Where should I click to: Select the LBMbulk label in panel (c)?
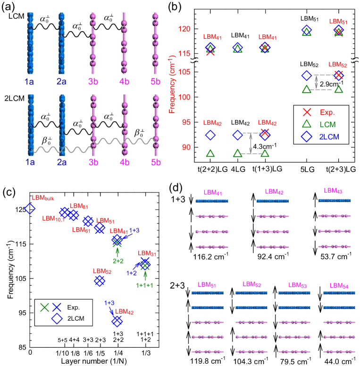(x=43, y=197)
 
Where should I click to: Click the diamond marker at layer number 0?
(x=30, y=208)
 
